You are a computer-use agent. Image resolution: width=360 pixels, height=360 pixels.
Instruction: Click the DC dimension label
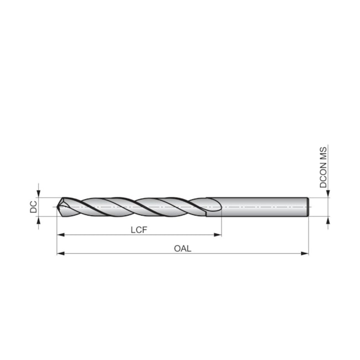(33, 207)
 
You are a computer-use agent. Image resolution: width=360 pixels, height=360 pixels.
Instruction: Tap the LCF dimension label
(139, 229)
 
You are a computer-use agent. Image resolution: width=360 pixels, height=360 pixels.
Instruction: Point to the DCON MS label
(324, 167)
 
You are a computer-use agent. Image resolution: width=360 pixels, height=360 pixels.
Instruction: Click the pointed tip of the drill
(58, 207)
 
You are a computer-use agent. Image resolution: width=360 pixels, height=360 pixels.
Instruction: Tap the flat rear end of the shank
(307, 207)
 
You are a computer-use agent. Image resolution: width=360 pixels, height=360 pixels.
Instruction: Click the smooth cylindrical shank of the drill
(260, 207)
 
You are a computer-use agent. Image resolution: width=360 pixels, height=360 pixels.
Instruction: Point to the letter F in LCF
(145, 229)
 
